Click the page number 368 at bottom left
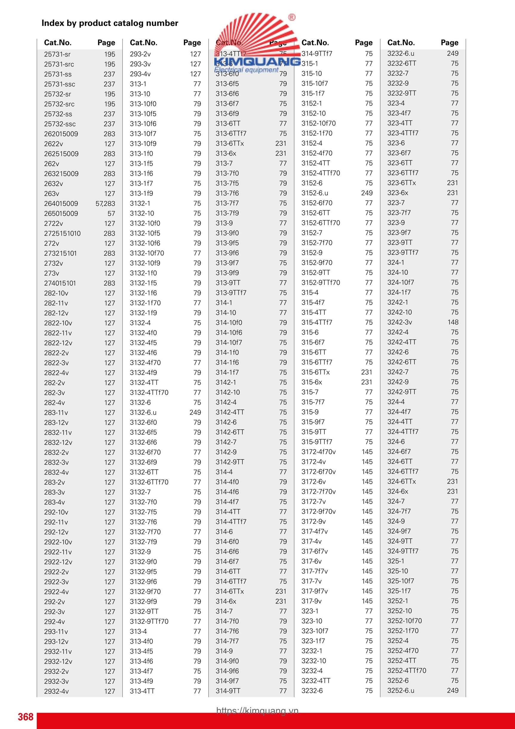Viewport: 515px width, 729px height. (x=25, y=717)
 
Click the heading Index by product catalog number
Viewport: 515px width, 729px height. (x=110, y=23)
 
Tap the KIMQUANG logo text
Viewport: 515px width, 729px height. (x=257, y=62)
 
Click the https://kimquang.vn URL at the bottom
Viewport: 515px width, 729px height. (x=257, y=710)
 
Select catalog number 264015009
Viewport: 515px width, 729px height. (x=61, y=203)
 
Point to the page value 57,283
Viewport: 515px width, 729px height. (x=105, y=203)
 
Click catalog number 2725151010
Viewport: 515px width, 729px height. (x=62, y=233)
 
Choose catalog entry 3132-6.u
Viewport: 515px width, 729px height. (x=143, y=412)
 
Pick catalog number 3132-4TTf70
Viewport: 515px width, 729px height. (x=149, y=393)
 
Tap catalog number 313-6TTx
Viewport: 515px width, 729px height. (x=230, y=143)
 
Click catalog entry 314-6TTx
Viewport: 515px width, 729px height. (x=230, y=592)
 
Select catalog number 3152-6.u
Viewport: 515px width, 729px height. (x=315, y=193)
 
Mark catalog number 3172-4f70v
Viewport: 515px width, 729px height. (x=319, y=452)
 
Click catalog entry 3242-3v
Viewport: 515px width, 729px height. (x=399, y=322)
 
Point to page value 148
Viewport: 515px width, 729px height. (x=453, y=322)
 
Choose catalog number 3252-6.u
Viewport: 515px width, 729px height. (x=401, y=690)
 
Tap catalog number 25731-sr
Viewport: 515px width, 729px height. (x=57, y=54)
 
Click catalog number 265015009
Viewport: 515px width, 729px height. (x=61, y=213)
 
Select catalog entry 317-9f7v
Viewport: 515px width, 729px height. (x=314, y=591)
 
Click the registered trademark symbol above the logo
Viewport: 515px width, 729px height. (x=292, y=17)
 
